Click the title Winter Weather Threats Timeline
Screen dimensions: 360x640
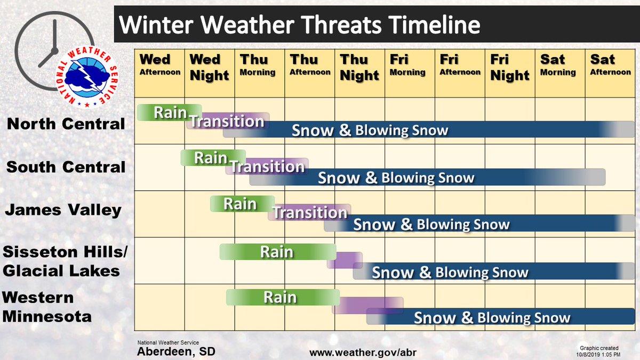299,25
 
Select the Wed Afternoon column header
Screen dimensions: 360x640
159,65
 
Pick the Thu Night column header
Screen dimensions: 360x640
359,67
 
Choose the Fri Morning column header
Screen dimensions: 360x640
408,65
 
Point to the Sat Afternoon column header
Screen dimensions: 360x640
610,65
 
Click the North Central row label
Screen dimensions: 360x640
66,124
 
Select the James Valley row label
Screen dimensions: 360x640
63,210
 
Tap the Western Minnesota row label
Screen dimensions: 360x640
47,307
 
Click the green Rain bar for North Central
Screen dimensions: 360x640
169,113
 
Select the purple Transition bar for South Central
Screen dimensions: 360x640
268,166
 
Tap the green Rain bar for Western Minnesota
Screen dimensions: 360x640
283,297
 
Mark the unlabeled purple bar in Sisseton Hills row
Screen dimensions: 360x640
345,260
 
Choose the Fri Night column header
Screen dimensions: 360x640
510,67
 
